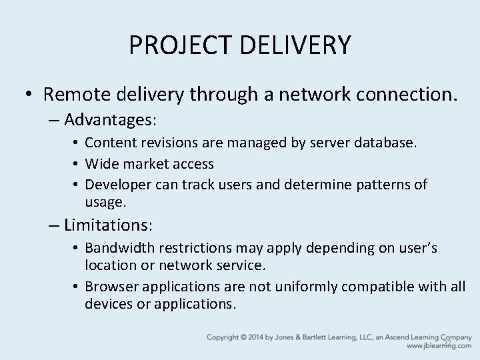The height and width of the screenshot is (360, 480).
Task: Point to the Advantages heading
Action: click(x=110, y=121)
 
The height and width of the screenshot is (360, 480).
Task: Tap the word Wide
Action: click(x=100, y=163)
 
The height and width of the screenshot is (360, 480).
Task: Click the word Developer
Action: click(x=117, y=184)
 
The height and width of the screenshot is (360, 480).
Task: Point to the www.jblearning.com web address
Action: click(x=439, y=347)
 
